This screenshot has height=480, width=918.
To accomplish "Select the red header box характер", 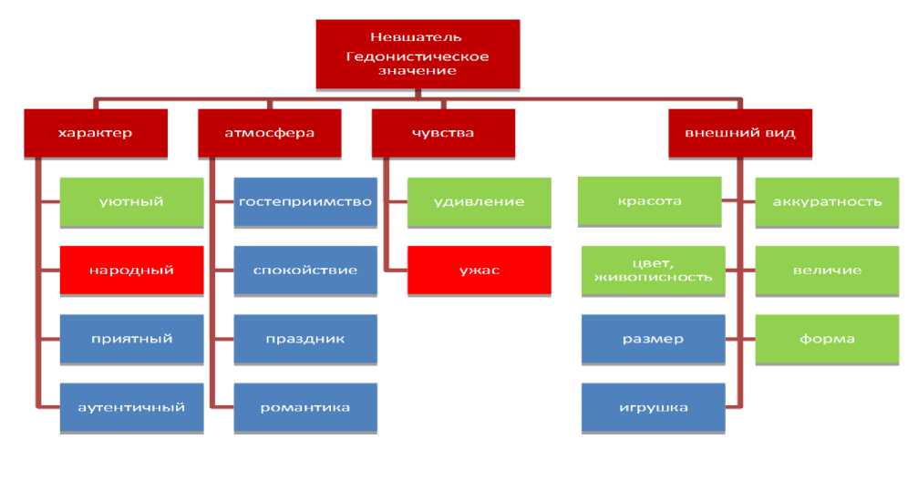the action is [95, 133].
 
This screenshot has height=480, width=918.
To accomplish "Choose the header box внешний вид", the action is [739, 133].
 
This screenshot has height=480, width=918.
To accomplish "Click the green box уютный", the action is [132, 201].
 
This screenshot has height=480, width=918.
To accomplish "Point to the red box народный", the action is [132, 271].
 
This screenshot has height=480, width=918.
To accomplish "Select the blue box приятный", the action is [132, 339].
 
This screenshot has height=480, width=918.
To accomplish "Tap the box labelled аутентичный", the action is [132, 406].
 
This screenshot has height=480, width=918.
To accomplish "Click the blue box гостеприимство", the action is [305, 201].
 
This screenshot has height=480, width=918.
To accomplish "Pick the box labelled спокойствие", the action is [305, 271].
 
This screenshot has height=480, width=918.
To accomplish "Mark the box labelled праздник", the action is [305, 339].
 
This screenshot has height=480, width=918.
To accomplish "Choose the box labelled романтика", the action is [305, 406].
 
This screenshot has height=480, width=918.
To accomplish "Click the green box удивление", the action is [479, 201].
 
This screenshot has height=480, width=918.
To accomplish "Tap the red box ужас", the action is [479, 271].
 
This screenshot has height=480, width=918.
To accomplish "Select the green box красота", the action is [653, 201].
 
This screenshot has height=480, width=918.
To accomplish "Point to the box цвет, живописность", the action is [653, 271].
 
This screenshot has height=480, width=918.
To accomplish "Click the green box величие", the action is [827, 271].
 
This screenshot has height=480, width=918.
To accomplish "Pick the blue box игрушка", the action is [653, 406].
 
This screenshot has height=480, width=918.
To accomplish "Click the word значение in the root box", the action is [417, 71].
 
